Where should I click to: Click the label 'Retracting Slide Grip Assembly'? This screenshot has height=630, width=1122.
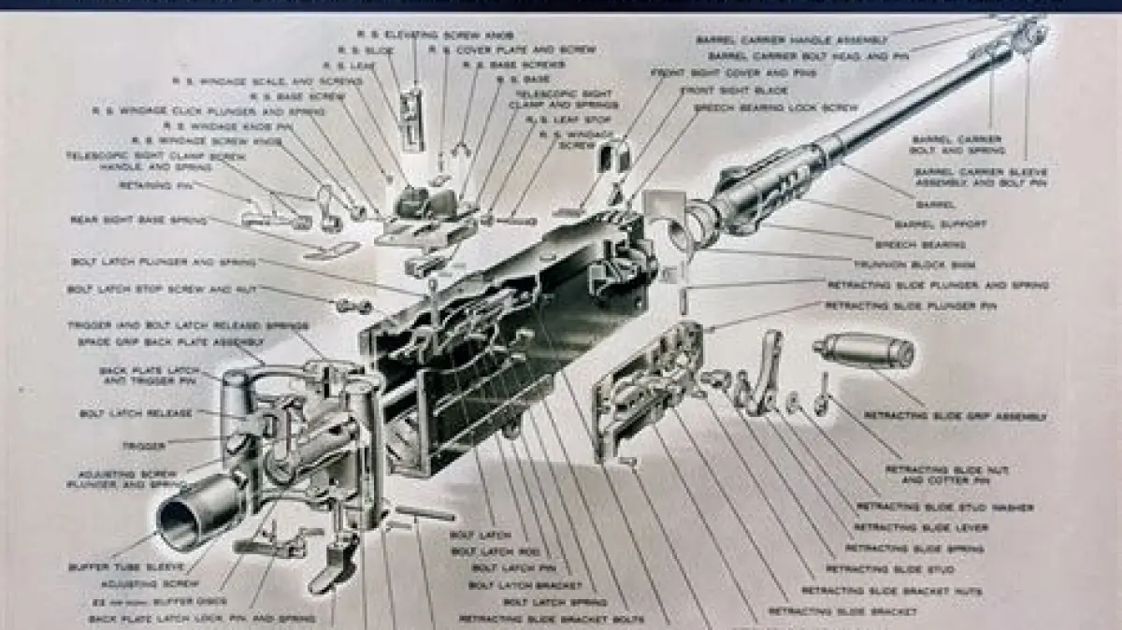(955, 415)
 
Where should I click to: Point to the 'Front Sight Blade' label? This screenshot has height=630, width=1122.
(733, 91)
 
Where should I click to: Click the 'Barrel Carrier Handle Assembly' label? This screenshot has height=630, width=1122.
(791, 40)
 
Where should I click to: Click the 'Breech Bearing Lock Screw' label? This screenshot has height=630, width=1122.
(776, 108)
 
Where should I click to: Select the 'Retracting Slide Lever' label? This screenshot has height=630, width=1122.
(920, 527)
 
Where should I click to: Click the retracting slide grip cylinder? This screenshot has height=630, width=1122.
(866, 351)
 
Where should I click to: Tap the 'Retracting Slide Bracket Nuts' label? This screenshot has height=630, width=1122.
(879, 591)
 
